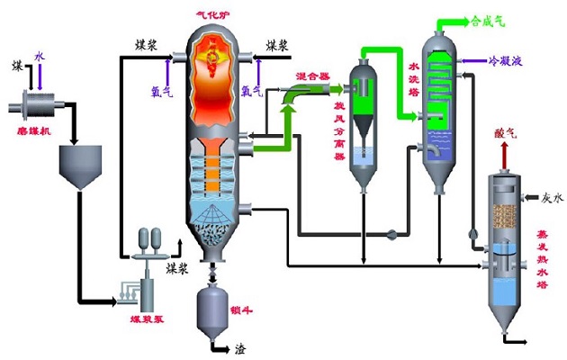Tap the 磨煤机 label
tap(30, 130)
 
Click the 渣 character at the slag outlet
tap(241, 347)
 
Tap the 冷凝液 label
tap(508, 61)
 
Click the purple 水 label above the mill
tap(39, 56)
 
